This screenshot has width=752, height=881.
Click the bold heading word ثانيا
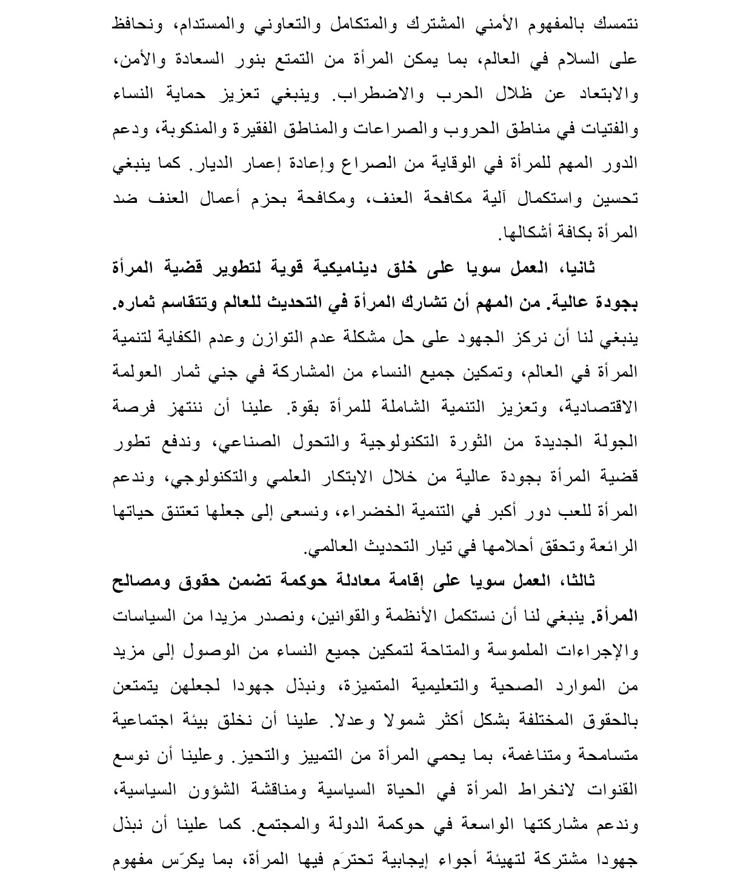coord(576,268)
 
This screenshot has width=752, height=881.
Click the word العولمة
coord(137,372)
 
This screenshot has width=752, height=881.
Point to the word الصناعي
coord(265,441)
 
